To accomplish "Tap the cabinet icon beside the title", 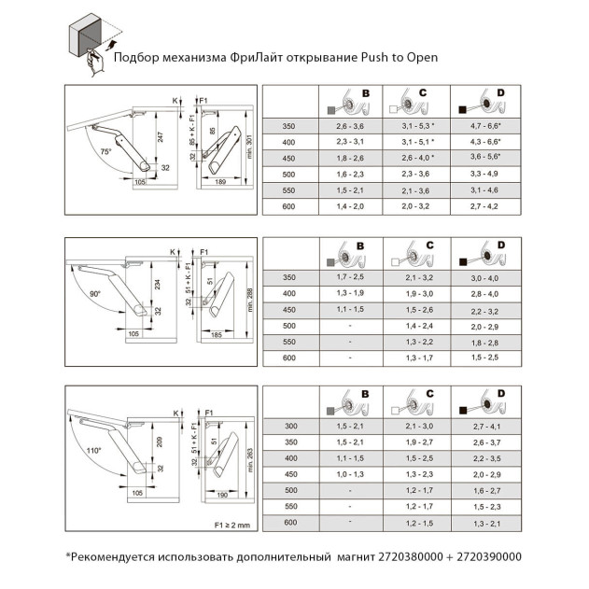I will point(92,37).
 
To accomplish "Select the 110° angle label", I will point(92,450).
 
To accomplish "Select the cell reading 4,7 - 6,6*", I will point(484,125).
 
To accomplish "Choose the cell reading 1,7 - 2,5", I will point(351,277).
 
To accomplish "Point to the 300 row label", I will point(288,426).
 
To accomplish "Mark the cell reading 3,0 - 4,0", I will point(484,277).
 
